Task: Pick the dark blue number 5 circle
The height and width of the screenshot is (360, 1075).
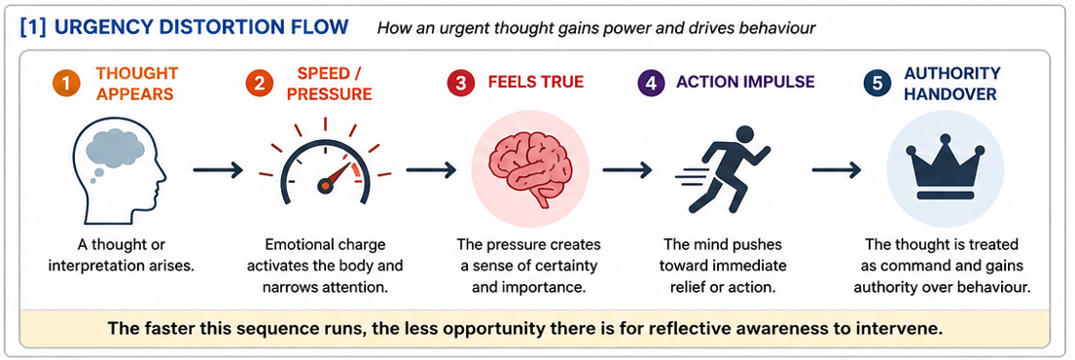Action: [x=876, y=83]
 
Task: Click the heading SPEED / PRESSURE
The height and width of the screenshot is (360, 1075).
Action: [x=330, y=83]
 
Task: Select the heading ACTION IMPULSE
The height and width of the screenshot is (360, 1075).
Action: [x=745, y=83]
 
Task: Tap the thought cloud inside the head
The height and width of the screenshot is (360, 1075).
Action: [x=110, y=146]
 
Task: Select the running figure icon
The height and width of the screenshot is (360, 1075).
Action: [x=721, y=168]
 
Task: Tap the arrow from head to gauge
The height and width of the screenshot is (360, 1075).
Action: [x=218, y=169]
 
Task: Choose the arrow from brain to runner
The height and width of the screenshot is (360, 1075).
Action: [x=627, y=169]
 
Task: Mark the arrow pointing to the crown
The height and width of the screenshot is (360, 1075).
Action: [x=837, y=169]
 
